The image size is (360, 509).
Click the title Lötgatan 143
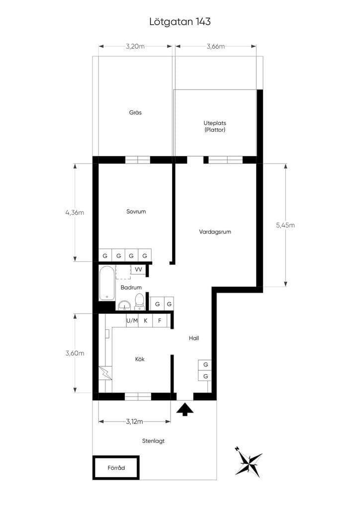tap(180, 21)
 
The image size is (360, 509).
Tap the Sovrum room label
tap(136, 211)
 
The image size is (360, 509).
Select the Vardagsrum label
tap(215, 232)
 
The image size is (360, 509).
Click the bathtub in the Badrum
tap(107, 283)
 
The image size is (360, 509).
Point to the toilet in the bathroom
tap(139, 301)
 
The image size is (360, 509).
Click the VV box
tap(139, 269)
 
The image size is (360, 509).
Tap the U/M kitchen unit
tap(132, 321)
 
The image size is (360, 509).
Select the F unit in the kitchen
tap(160, 321)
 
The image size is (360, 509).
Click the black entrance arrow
tap(185, 409)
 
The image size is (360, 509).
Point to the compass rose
tap(249, 461)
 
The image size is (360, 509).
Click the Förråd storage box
tap(116, 468)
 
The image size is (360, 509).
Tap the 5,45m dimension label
tap(285, 225)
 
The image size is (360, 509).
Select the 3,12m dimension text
tap(134, 422)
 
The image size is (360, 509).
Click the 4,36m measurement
tap(75, 213)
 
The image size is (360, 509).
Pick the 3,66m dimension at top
tap(215, 46)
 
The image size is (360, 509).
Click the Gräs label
tap(135, 113)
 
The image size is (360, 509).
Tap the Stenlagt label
tap(153, 441)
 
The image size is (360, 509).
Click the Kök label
tap(140, 359)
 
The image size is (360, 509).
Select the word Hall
tap(194, 338)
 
